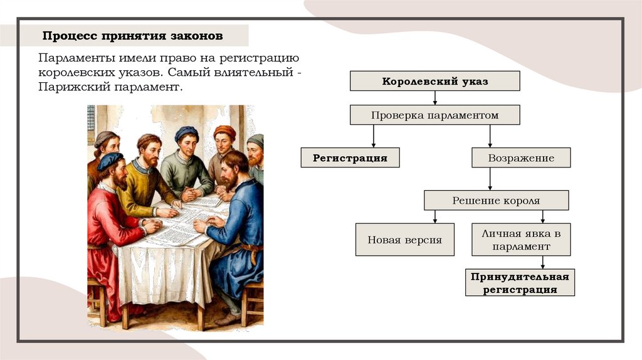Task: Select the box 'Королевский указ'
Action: click(434, 82)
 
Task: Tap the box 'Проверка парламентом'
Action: click(434, 115)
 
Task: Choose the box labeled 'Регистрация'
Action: click(350, 157)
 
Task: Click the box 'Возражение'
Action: click(521, 157)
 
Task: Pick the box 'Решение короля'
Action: click(496, 201)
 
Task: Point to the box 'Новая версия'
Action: click(404, 240)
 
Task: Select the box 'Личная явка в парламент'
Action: click(521, 240)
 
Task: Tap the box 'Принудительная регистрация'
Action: click(520, 283)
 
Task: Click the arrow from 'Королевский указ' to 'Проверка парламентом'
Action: click(434, 98)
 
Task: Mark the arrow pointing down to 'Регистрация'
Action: click(374, 137)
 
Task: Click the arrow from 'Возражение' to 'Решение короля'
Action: click(490, 179)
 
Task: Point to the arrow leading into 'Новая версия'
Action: click(434, 216)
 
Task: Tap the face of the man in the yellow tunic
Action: click(150, 152)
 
